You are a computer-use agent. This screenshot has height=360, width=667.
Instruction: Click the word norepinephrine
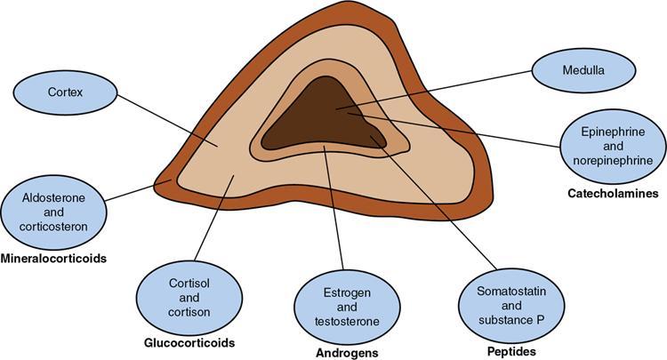click(614, 160)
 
